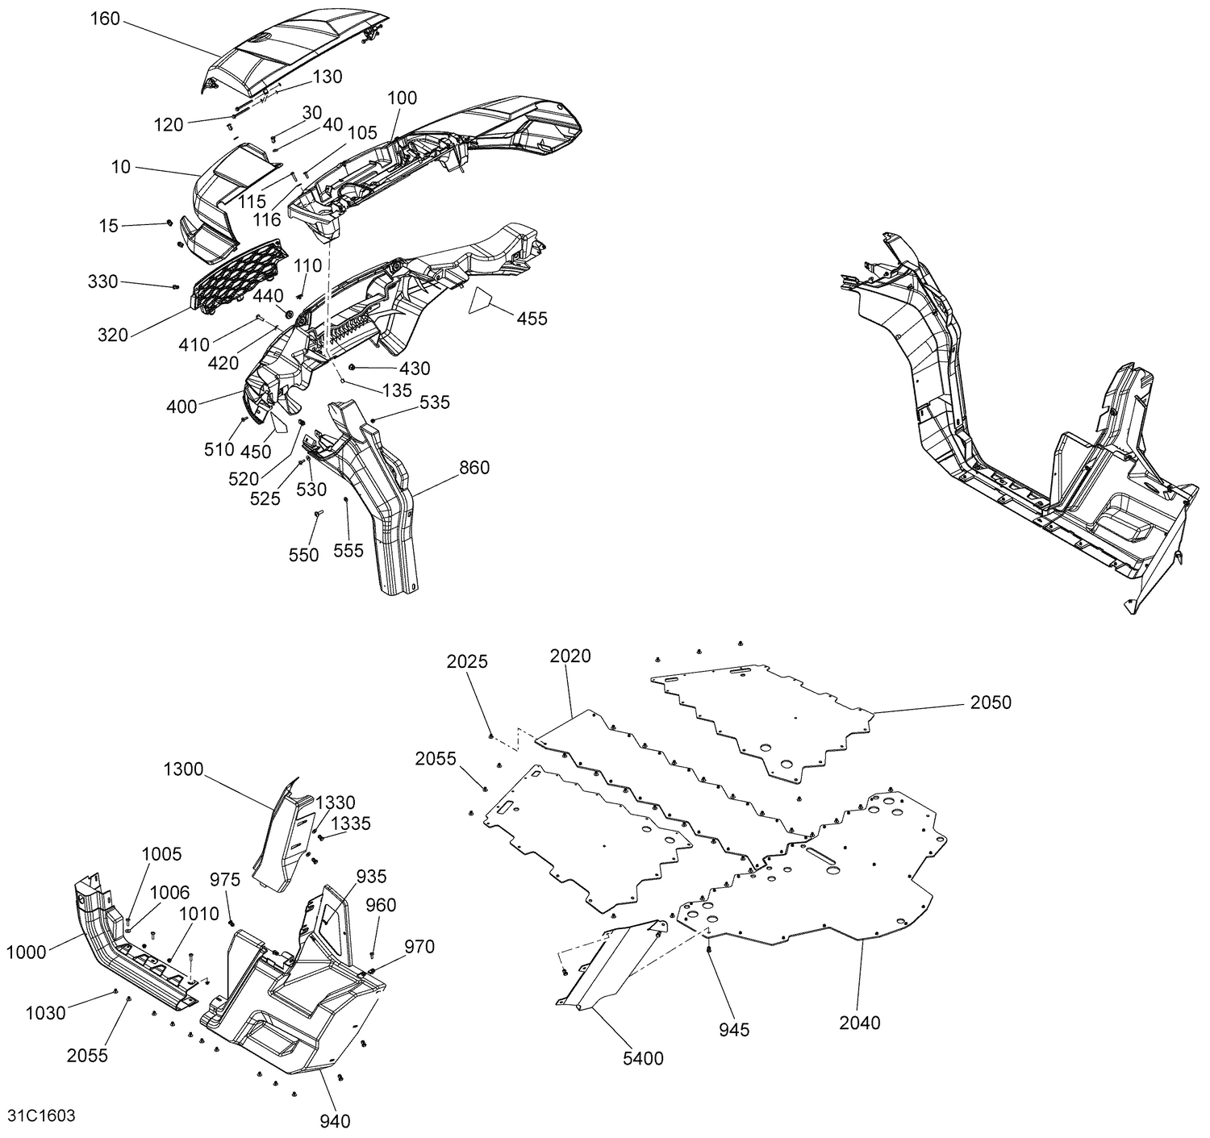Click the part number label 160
coord(105,19)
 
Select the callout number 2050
coord(991,702)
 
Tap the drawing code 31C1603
coord(41,1115)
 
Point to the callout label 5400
coord(643,1058)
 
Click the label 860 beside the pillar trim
coord(474,468)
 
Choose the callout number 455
coord(532,319)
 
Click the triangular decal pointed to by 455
coord(482,300)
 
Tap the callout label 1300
coord(183,769)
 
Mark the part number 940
coord(335,1120)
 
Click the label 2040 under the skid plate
coord(860,1023)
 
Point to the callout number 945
coord(734,1029)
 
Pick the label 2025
coord(467,661)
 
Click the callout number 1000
coord(27,953)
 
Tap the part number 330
coord(103,281)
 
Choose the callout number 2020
coord(570,657)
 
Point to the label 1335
coord(352,823)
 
